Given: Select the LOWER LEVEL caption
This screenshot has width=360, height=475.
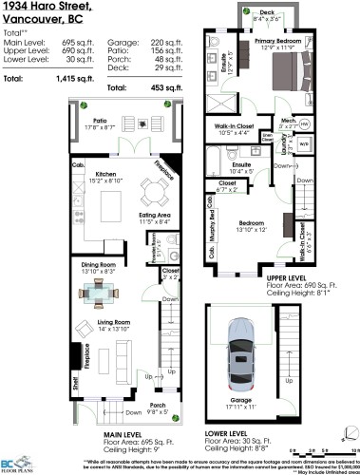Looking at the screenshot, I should click(x=252, y=435).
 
